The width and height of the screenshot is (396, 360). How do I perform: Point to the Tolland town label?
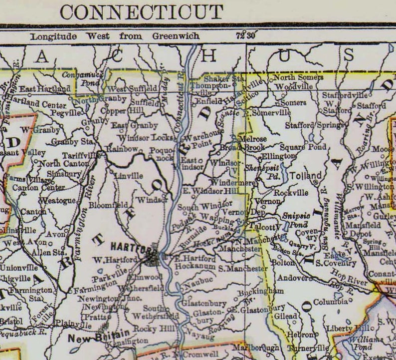(302, 176)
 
